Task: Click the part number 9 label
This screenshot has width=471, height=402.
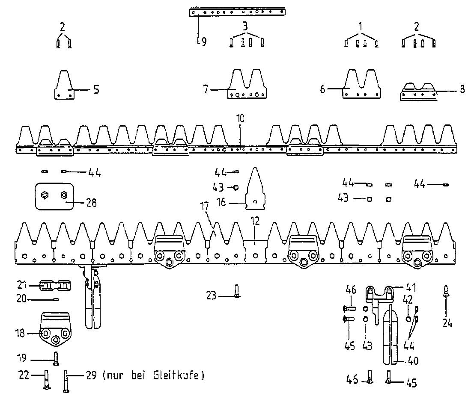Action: [x=204, y=42]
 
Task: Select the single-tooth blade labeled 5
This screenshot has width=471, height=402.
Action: [x=64, y=85]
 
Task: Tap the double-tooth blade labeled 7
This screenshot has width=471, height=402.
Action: [x=247, y=84]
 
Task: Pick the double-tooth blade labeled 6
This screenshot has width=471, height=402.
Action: [x=362, y=84]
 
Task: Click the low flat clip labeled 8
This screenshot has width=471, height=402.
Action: [x=418, y=92]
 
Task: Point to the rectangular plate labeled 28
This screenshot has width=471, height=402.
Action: [x=54, y=196]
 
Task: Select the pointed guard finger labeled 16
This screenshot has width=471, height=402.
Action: [x=255, y=189]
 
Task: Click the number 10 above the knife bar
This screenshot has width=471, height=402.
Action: [x=240, y=118]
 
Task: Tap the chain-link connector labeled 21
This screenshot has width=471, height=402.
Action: [x=55, y=286]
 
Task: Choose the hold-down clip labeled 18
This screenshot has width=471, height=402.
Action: [x=55, y=329]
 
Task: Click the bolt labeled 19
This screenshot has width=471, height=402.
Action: [x=56, y=358]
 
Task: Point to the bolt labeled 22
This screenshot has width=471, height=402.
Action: [x=47, y=379]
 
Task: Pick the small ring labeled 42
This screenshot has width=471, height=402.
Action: [x=408, y=319]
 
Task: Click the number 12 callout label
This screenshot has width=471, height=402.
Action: [x=255, y=221]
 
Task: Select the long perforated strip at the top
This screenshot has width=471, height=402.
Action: [x=237, y=12]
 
